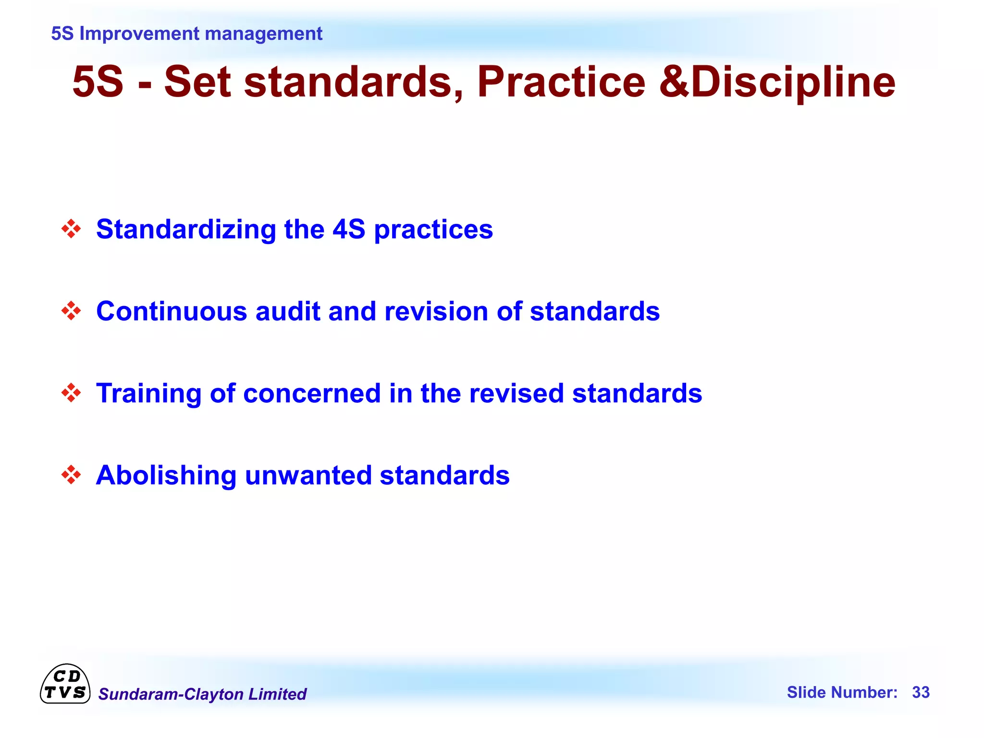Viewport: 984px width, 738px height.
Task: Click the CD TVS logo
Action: coord(65,685)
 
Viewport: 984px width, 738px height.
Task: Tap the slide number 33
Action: coord(921,692)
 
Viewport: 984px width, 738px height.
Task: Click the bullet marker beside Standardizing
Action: coord(71,229)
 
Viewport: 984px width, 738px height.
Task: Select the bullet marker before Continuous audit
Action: coord(71,311)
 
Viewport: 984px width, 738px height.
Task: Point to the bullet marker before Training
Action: coord(71,393)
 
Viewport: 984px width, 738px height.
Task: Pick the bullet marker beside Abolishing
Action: coord(71,475)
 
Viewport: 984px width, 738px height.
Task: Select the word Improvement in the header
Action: coord(139,34)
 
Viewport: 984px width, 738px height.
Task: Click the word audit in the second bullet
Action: coord(287,311)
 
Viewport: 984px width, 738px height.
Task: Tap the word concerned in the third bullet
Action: coord(312,393)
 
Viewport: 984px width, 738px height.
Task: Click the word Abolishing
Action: coord(166,475)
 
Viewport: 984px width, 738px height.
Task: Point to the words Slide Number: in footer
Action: coord(842,692)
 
